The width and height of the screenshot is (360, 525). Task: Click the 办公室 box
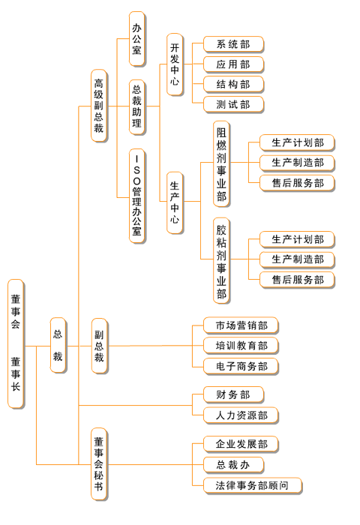tap(137, 39)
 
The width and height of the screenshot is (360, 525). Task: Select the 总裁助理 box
tap(137, 107)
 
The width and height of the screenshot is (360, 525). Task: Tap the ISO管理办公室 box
tap(137, 196)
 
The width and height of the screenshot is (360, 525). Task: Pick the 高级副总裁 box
tap(99, 106)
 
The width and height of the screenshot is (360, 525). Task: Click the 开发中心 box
tap(175, 64)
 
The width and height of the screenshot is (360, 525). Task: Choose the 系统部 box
tap(233, 44)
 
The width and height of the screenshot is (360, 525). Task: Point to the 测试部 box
tap(233, 105)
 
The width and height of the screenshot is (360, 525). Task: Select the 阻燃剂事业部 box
tap(221, 164)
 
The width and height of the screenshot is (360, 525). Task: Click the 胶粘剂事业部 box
tap(221, 261)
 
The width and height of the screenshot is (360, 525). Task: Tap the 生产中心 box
tap(175, 202)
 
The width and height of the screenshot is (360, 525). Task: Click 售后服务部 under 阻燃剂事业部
tap(297, 183)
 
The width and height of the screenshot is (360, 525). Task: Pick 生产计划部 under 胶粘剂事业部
tap(297, 239)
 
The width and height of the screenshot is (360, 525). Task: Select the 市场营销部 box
tap(241, 325)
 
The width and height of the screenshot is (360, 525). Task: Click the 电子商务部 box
tap(241, 366)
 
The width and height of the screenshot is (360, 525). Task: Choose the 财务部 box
tap(233, 394)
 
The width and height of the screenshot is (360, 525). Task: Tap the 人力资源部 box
tap(241, 415)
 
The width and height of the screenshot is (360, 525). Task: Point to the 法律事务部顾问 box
tap(253, 485)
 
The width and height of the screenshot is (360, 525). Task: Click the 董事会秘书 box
tap(99, 464)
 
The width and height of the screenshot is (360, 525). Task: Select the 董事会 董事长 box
tap(16, 343)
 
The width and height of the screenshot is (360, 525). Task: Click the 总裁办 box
tap(233, 465)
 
